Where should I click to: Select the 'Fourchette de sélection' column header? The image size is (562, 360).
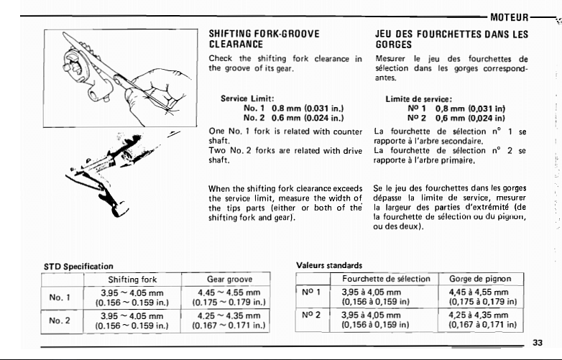(386, 277)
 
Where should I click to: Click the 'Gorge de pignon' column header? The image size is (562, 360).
(482, 277)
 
